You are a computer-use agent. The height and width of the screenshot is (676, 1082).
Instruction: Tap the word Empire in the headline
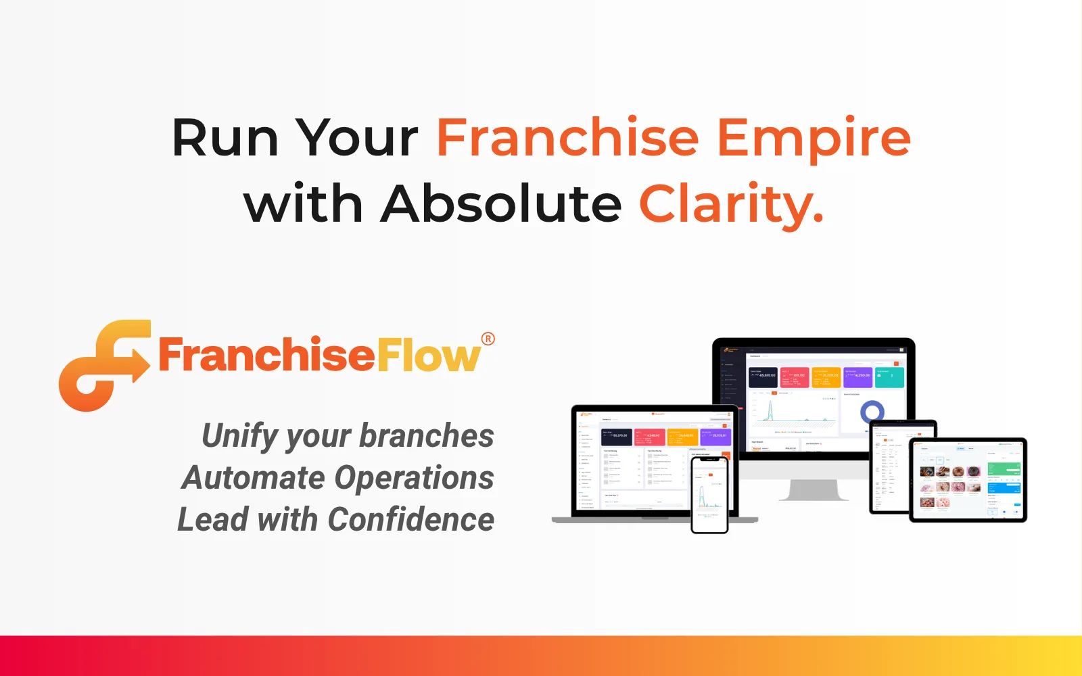click(814, 139)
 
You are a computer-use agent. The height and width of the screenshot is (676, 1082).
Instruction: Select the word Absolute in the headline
click(500, 203)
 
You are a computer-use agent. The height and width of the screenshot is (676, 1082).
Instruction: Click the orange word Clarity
click(730, 205)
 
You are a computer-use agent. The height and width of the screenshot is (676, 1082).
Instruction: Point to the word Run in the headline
click(225, 138)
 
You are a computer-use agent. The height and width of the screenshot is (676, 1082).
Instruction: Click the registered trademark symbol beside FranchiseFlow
click(488, 339)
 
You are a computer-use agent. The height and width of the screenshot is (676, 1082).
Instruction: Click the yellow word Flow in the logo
click(428, 356)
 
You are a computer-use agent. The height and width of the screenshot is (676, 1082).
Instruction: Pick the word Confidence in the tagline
click(410, 520)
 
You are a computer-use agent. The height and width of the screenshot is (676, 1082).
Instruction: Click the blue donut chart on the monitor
click(872, 411)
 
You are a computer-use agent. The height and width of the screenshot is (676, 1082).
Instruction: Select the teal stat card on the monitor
click(889, 377)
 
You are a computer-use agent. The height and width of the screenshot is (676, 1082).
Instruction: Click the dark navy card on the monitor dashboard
click(763, 377)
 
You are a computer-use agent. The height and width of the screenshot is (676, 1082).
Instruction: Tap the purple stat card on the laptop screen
click(715, 437)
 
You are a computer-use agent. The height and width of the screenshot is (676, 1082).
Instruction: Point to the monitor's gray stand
click(814, 489)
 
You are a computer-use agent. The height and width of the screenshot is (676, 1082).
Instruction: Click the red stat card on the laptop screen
click(649, 437)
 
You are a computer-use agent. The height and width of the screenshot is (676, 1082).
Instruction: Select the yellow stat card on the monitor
click(826, 377)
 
